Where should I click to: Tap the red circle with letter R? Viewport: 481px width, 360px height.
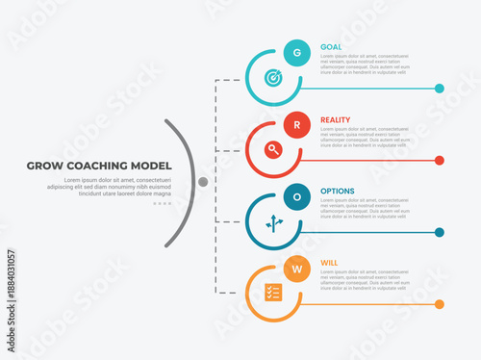[297, 125]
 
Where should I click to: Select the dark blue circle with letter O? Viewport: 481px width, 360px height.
[297, 196]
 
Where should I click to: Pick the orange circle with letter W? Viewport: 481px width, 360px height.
[297, 269]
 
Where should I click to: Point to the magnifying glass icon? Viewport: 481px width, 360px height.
[273, 149]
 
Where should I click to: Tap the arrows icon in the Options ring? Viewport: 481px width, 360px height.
[273, 221]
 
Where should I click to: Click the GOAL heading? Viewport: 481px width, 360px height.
[331, 47]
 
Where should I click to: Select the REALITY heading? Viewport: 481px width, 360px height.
[336, 119]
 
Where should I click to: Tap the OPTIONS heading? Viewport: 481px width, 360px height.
[337, 191]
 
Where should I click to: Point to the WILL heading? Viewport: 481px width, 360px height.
[329, 263]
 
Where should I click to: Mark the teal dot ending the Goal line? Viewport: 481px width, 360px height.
[440, 89]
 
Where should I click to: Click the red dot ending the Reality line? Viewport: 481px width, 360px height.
[440, 161]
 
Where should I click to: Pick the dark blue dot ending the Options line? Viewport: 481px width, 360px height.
[440, 232]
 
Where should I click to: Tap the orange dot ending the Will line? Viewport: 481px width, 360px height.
[440, 304]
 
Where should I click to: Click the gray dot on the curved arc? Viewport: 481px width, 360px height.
[203, 181]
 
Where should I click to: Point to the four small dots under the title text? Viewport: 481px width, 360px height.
[162, 204]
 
